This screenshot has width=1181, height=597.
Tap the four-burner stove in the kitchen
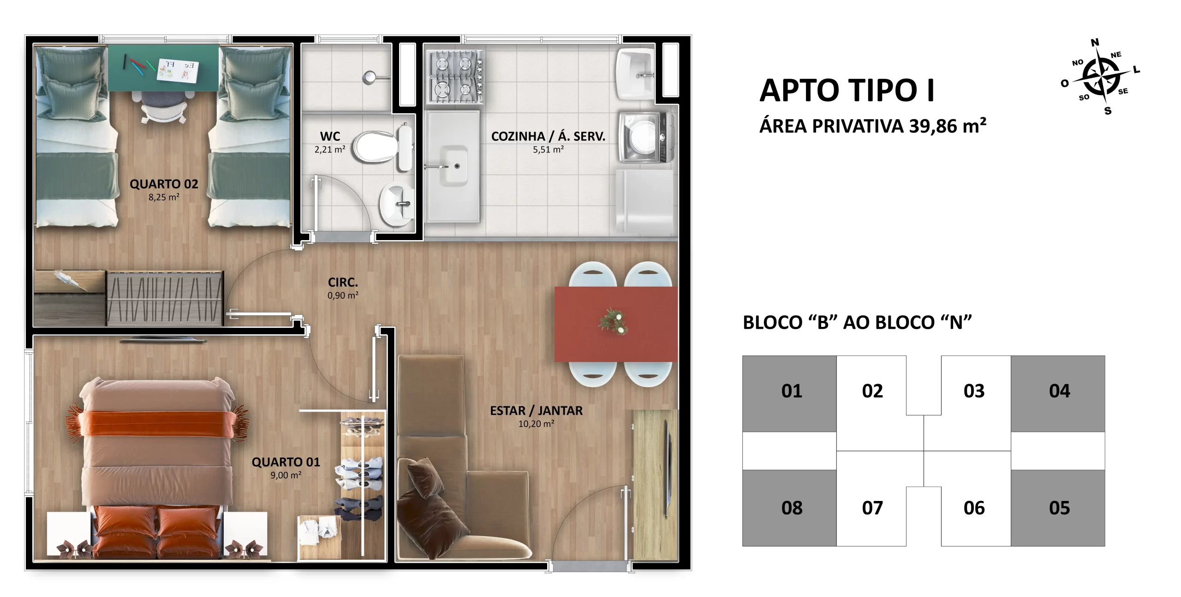tap(457, 77)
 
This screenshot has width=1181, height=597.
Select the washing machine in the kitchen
tap(645, 137)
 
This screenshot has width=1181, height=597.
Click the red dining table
tap(616, 324)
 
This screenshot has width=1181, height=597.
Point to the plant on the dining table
tap(614, 321)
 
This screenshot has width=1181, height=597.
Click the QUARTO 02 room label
tap(164, 184)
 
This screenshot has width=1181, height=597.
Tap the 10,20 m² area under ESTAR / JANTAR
tap(536, 423)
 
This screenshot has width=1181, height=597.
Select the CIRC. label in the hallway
tap(343, 282)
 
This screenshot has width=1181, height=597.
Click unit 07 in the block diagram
tap(872, 508)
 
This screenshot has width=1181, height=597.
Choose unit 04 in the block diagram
tap(1059, 391)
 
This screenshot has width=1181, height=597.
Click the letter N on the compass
tap(1095, 42)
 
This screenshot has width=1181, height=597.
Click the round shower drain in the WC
tap(370, 77)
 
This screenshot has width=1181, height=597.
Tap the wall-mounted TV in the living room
tap(666, 469)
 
